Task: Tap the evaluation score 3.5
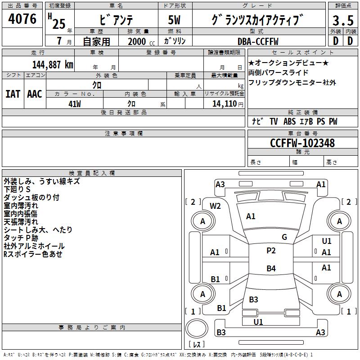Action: pos(343,21)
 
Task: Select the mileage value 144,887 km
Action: pos(53,64)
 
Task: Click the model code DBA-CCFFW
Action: pos(258,41)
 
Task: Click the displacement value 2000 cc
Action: pos(138,41)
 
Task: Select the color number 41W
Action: pos(75,104)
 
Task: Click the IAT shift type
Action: pos(13,94)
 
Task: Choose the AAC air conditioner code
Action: pos(35,94)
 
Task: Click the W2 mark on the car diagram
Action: pos(216,206)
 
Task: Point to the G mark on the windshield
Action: pos(284,237)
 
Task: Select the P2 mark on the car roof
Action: pos(271,251)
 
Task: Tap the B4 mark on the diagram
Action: pos(271,269)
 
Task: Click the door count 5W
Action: pos(175,21)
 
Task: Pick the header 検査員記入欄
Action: pos(92,173)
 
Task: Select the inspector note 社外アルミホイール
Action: pos(34,246)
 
